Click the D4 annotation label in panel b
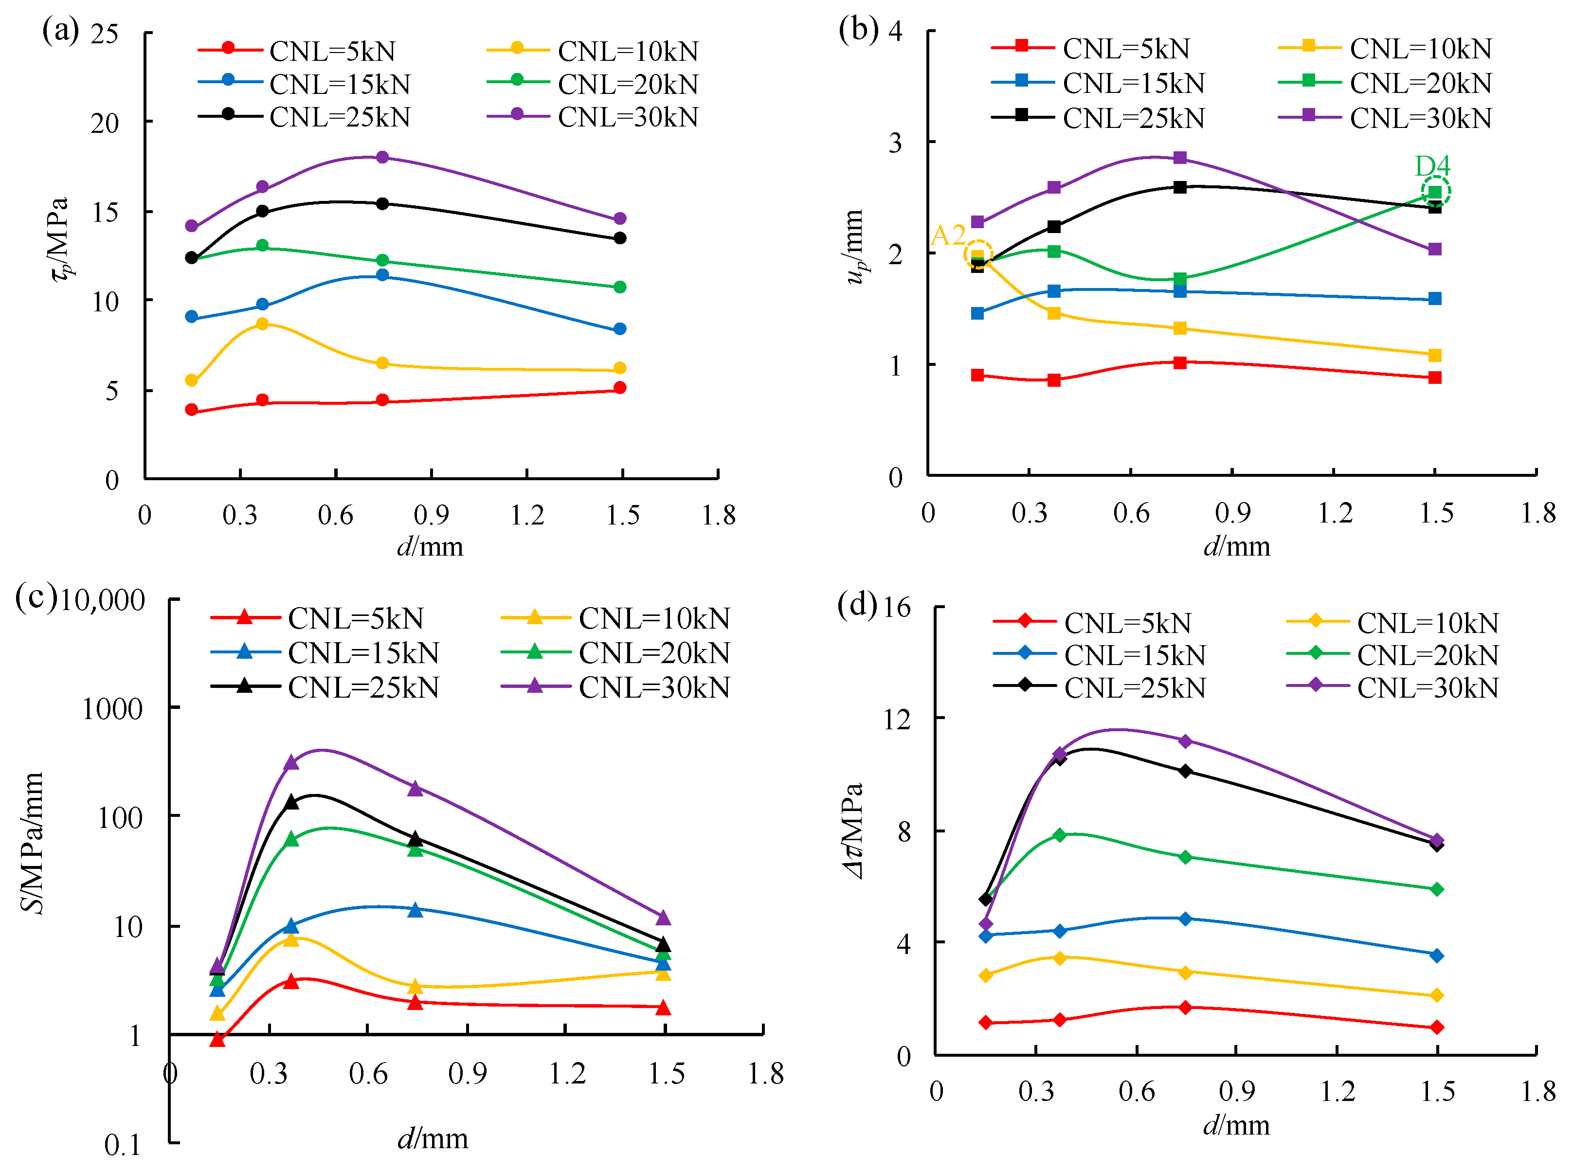(x=1432, y=166)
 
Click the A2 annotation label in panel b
(x=947, y=235)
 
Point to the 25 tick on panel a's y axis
(x=104, y=34)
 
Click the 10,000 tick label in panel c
(x=102, y=600)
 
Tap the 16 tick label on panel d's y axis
(x=895, y=607)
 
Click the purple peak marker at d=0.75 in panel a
(x=382, y=157)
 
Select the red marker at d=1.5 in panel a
(x=619, y=387)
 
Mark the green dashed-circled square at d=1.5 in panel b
(x=1435, y=192)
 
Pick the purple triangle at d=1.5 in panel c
(x=663, y=918)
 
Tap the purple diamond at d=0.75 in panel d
(x=1185, y=740)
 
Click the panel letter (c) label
(x=36, y=597)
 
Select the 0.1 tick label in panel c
(x=122, y=1144)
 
